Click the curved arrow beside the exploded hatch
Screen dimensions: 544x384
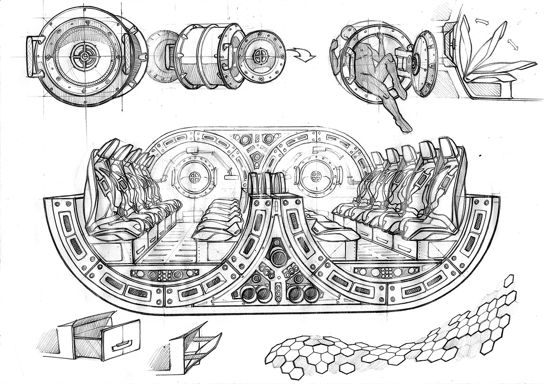(x=304, y=54)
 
